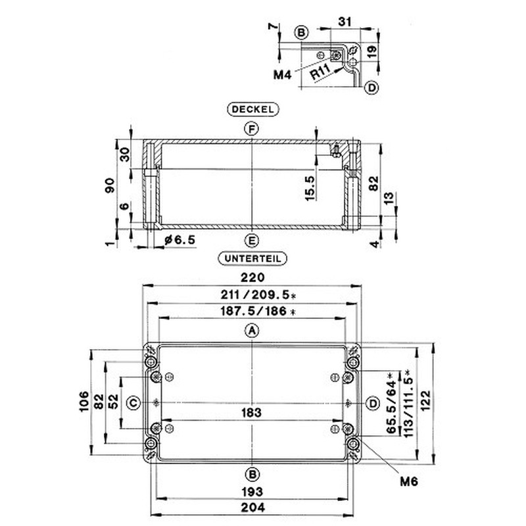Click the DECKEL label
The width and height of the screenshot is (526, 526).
coord(253,109)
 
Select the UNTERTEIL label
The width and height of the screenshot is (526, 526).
coord(252,258)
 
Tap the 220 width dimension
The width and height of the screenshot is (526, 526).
coord(252,277)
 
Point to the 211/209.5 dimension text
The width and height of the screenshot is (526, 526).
coord(258,295)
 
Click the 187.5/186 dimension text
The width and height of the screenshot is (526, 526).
coord(258,311)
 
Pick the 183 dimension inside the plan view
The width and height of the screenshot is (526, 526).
coord(252,412)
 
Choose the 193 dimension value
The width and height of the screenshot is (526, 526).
coord(252,492)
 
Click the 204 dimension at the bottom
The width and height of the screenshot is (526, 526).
coord(253,508)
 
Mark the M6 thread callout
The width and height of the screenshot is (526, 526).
coord(409,482)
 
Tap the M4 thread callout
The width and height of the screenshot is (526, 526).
coord(283,74)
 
